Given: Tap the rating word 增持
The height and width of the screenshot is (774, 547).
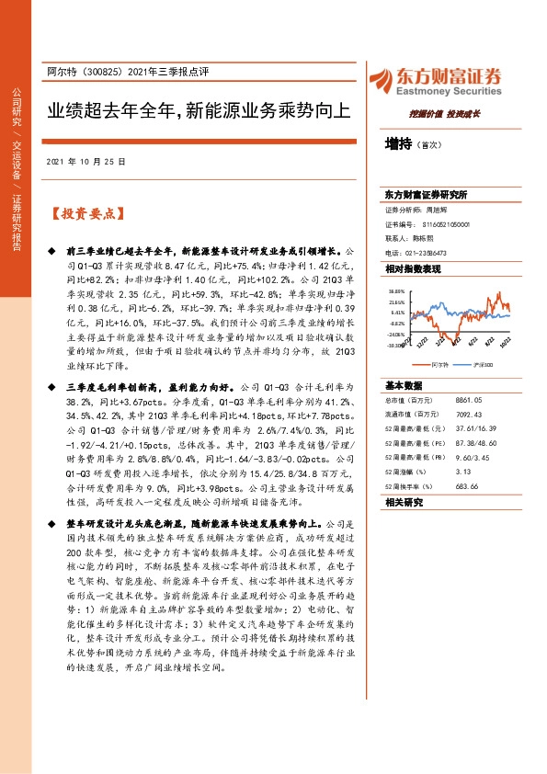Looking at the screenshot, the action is click(x=398, y=144).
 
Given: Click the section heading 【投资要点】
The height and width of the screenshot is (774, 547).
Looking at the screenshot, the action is click(x=85, y=214).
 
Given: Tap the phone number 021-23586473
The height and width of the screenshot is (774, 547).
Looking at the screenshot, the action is click(x=427, y=253).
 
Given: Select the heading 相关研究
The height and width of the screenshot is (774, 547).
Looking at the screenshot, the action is click(x=404, y=503).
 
